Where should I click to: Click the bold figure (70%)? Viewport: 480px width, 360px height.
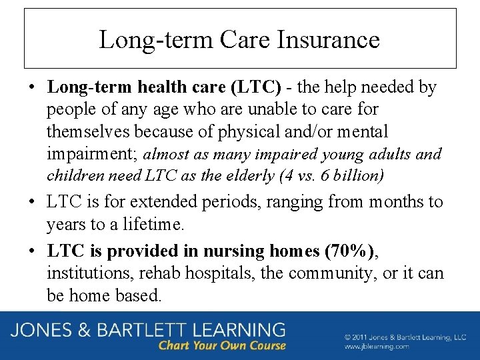[349, 251]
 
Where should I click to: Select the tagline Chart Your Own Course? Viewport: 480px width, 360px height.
[222, 346]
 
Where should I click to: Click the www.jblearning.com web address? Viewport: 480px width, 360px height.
[377, 347]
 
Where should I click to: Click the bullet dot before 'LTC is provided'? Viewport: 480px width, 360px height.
[33, 251]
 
